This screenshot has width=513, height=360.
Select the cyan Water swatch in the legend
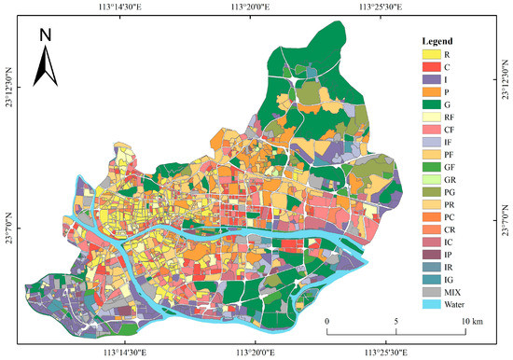point(428,303)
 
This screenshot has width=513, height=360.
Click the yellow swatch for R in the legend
point(428,55)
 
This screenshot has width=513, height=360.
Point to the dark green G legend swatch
point(428,107)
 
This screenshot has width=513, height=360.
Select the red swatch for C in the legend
point(428,68)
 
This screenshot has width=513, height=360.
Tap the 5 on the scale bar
point(397,322)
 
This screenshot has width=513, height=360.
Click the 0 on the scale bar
point(327,322)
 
